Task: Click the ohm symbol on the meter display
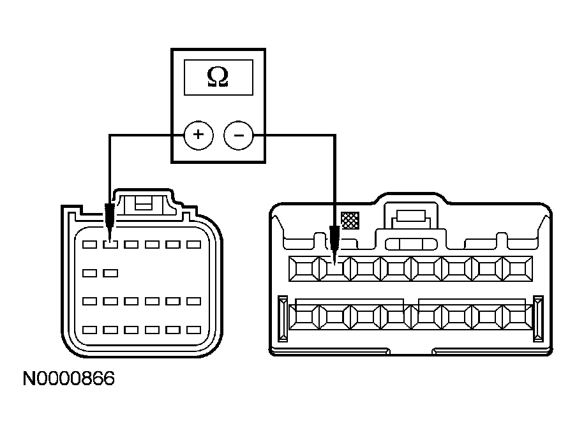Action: point(218,77)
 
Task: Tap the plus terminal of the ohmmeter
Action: point(199,135)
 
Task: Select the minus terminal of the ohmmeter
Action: point(239,135)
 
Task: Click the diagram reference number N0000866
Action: point(69,379)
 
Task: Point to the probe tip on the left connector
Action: point(110,241)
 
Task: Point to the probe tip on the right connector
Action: point(334,263)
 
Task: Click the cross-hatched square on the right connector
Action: point(350,221)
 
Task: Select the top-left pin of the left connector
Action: point(89,244)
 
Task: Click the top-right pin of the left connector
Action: point(193,244)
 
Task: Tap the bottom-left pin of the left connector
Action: point(89,330)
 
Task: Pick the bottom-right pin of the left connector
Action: point(193,330)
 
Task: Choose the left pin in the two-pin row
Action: point(89,273)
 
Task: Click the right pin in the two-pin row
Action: point(110,273)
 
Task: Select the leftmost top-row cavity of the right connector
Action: point(304,269)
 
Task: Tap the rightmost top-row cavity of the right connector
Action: point(518,269)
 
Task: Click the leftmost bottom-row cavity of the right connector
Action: point(304,317)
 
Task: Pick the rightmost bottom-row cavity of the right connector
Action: point(518,317)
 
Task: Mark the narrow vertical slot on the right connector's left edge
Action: point(283,318)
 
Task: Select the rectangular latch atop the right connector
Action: point(411,216)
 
